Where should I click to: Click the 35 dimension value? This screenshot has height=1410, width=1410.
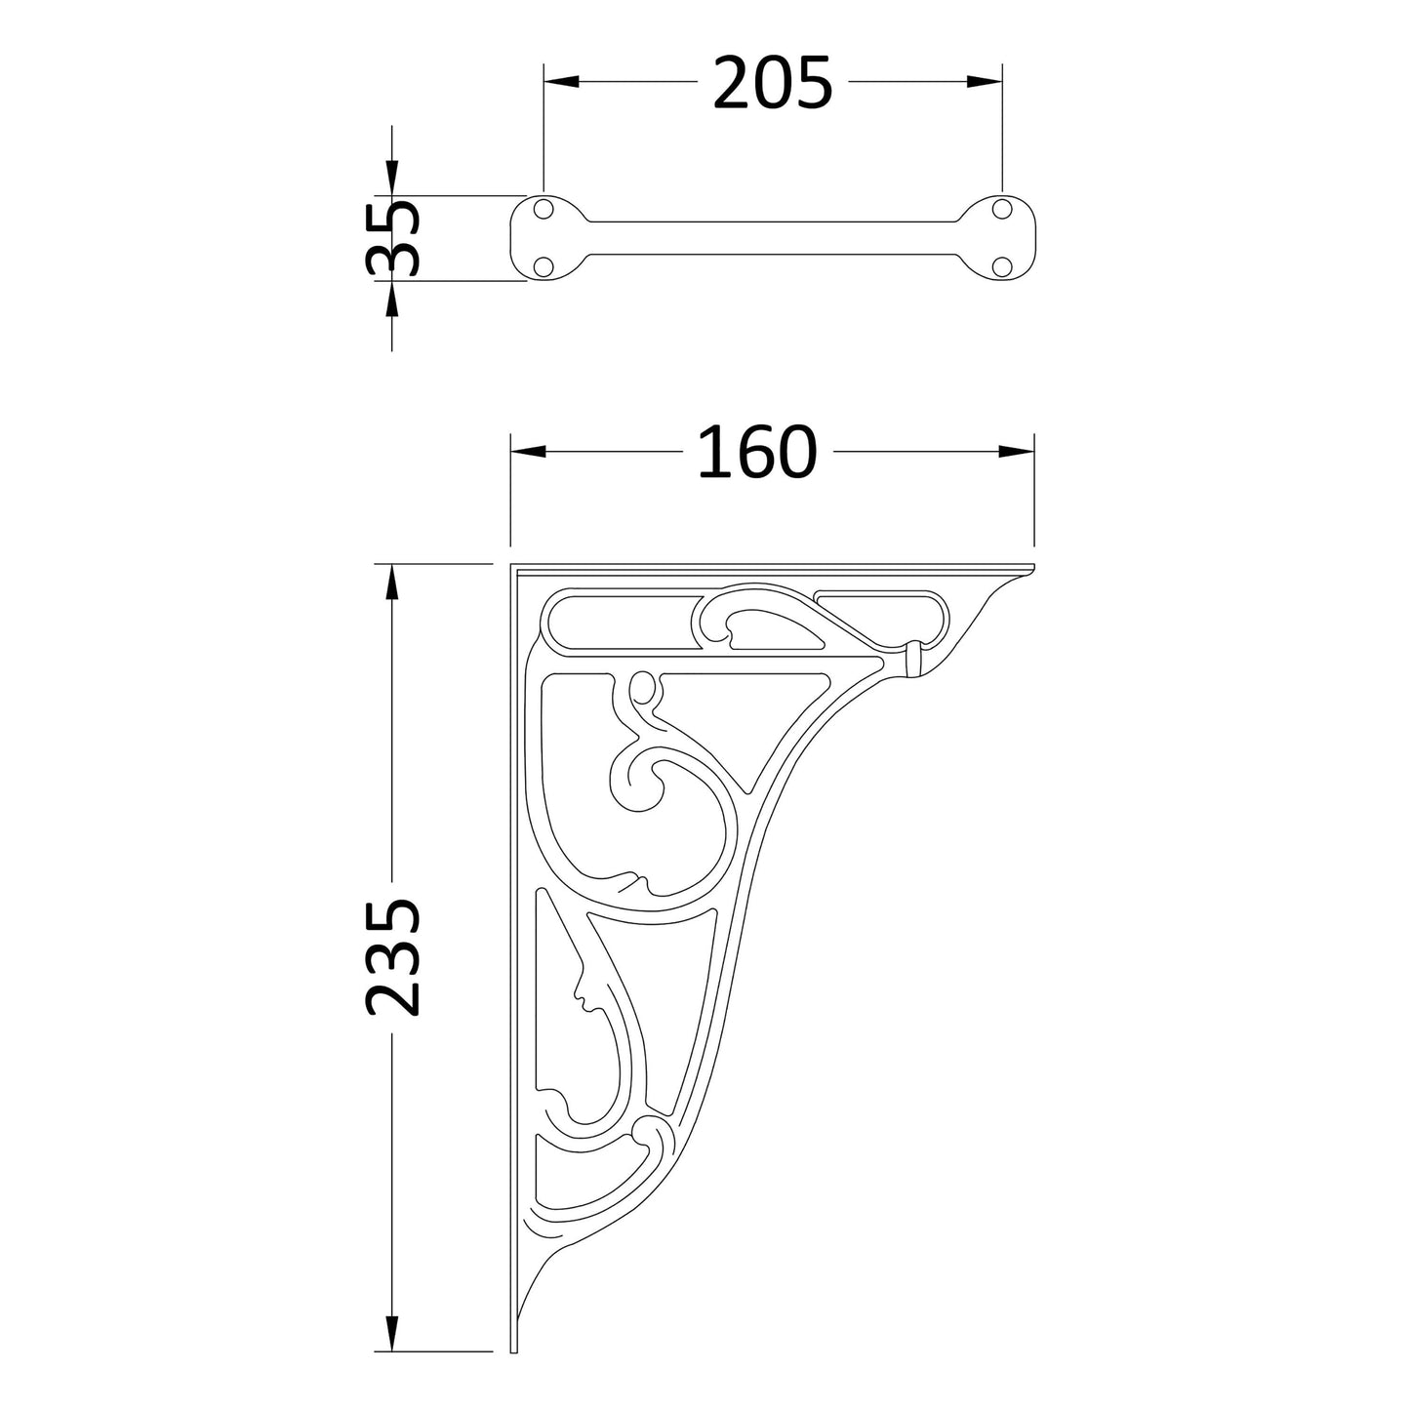point(393,238)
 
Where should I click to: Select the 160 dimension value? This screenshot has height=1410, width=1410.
point(757,452)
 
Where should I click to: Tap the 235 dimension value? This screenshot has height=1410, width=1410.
point(393,957)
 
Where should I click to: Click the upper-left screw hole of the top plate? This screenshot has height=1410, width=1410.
point(544,209)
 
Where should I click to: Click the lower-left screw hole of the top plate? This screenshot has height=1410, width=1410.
point(544,265)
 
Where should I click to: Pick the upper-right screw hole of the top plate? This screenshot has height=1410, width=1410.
point(1000,208)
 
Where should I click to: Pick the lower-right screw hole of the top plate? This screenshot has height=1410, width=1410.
point(1000,265)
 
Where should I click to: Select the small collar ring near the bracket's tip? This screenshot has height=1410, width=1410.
point(914,659)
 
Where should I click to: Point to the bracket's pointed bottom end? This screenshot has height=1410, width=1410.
point(513,1347)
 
